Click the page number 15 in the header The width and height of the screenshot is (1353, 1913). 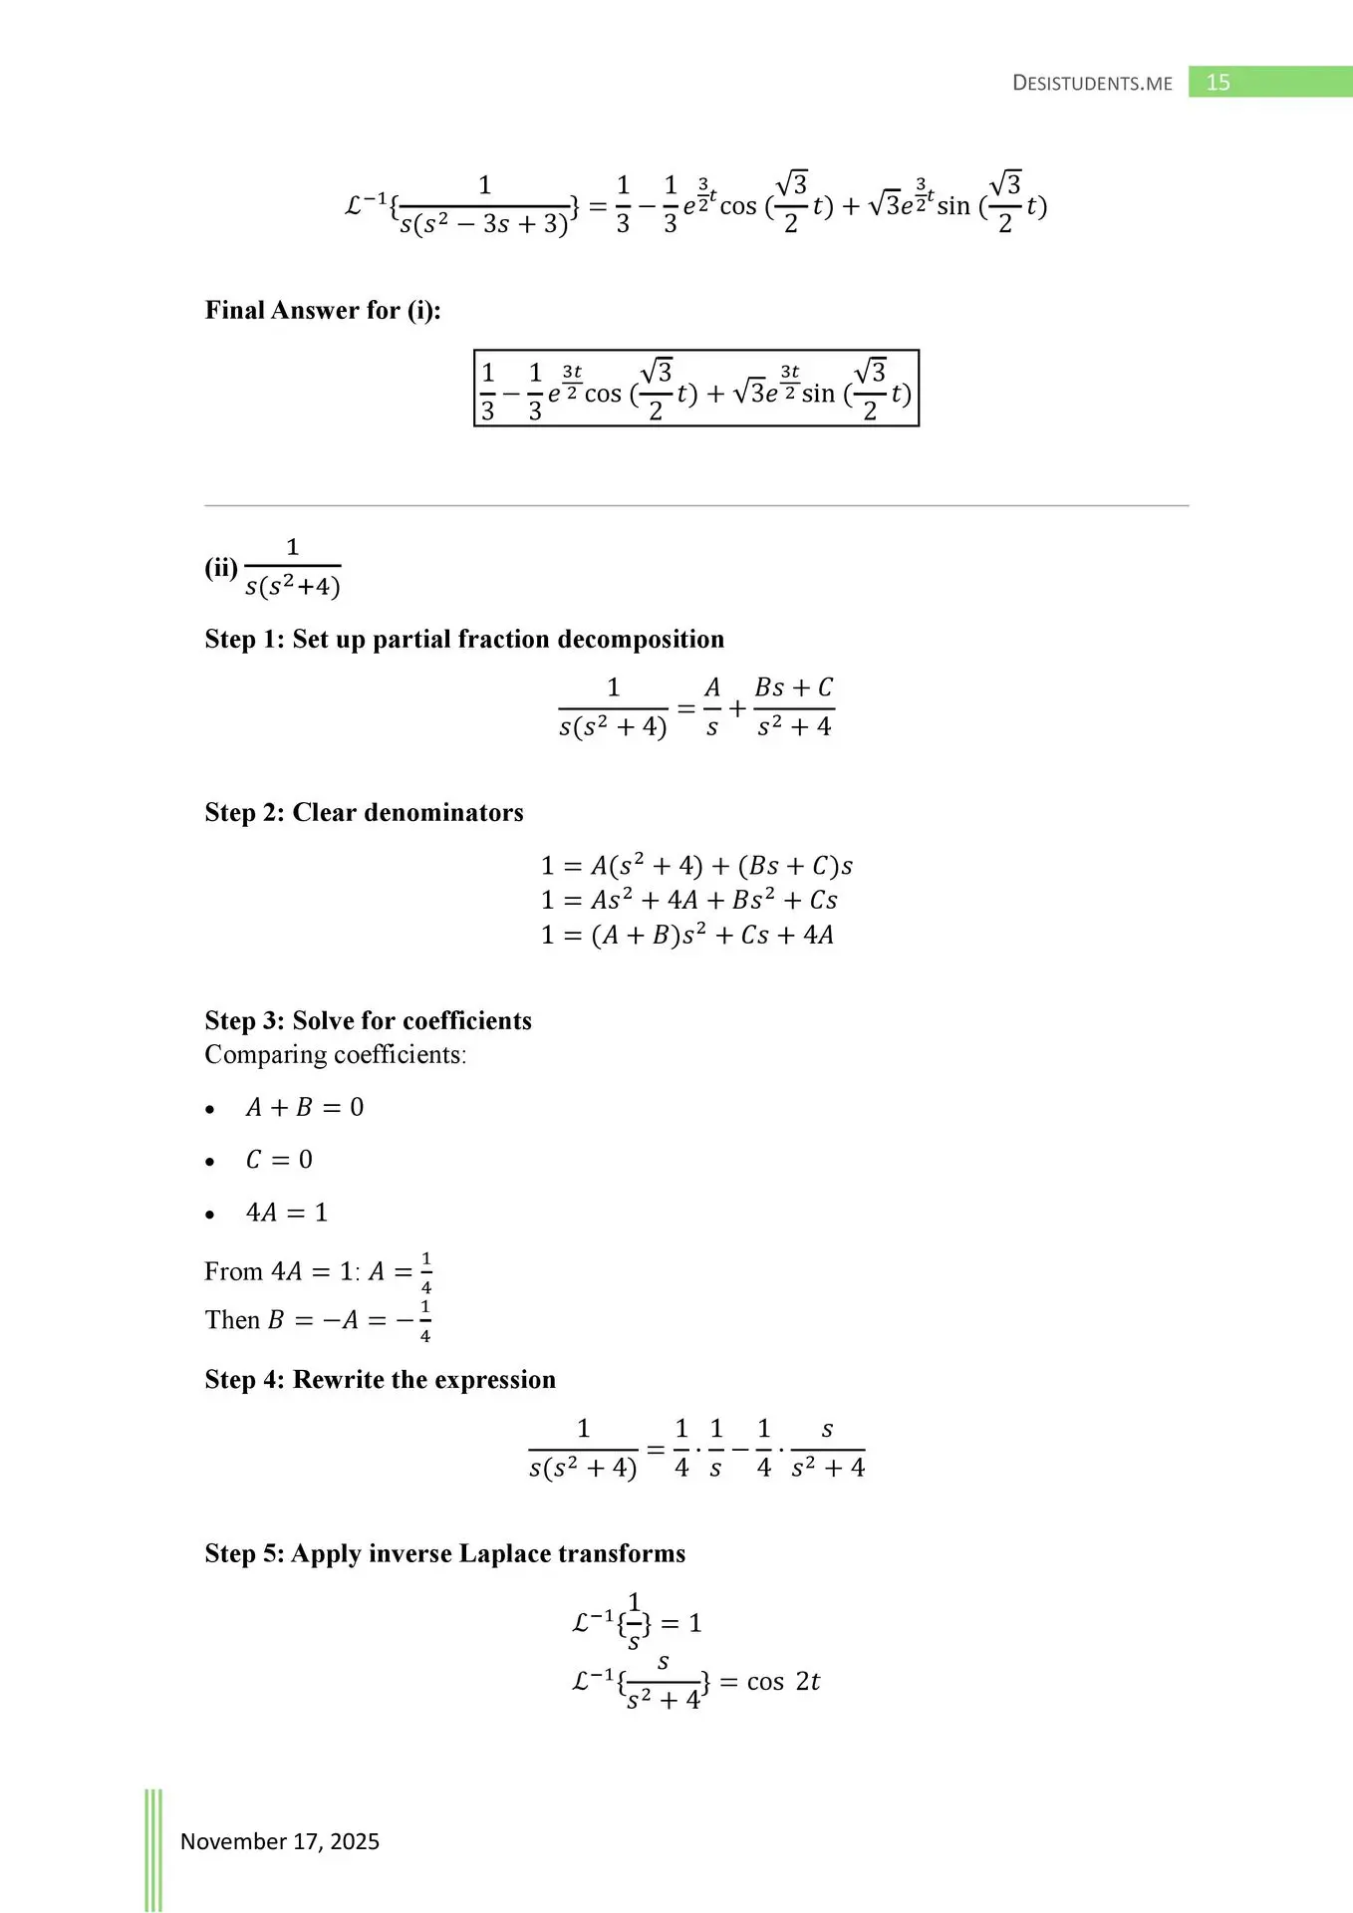coord(1218,83)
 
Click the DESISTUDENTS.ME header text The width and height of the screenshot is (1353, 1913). coord(1092,84)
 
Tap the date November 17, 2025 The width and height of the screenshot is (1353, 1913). coord(280,1841)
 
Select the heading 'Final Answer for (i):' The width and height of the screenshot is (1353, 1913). coord(323,311)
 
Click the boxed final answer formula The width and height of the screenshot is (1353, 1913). coord(695,389)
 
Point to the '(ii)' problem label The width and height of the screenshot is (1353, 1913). coord(221,568)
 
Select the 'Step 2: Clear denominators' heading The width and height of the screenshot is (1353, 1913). coord(364,813)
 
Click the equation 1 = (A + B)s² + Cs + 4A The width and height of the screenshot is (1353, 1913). coord(687,935)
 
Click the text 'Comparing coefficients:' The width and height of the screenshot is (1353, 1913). coord(336,1055)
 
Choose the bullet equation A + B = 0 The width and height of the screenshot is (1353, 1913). coord(305,1108)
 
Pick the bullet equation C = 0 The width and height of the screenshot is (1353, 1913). coord(279,1160)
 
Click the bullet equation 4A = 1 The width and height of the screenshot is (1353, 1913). coord(287,1213)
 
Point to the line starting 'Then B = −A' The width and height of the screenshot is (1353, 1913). coord(318,1320)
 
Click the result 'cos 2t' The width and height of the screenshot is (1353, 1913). coord(783,1682)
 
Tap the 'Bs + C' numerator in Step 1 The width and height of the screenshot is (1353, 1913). coord(793,688)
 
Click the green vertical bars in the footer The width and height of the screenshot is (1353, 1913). coord(153,1849)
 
